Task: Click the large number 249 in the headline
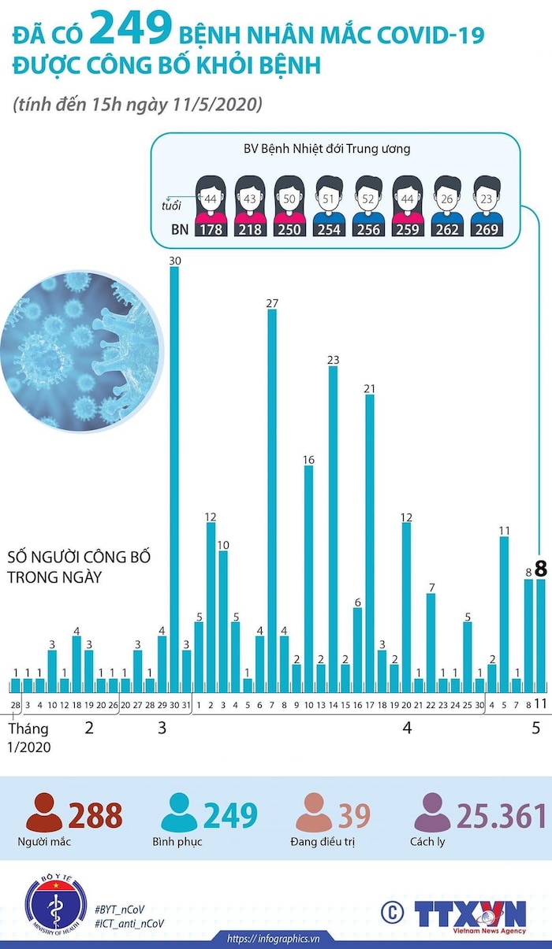tap(131, 30)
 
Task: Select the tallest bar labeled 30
tap(174, 473)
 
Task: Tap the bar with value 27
tap(272, 496)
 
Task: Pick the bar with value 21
tap(369, 536)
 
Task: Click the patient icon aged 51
tap(328, 197)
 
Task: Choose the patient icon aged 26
tap(447, 197)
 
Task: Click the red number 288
tap(95, 816)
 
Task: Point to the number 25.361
tap(502, 816)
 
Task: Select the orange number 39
tap(354, 816)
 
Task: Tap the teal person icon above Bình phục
tap(179, 813)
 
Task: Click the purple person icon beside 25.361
tap(432, 813)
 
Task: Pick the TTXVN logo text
tap(470, 914)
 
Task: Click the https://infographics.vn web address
tap(273, 939)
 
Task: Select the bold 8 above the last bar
tap(541, 568)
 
